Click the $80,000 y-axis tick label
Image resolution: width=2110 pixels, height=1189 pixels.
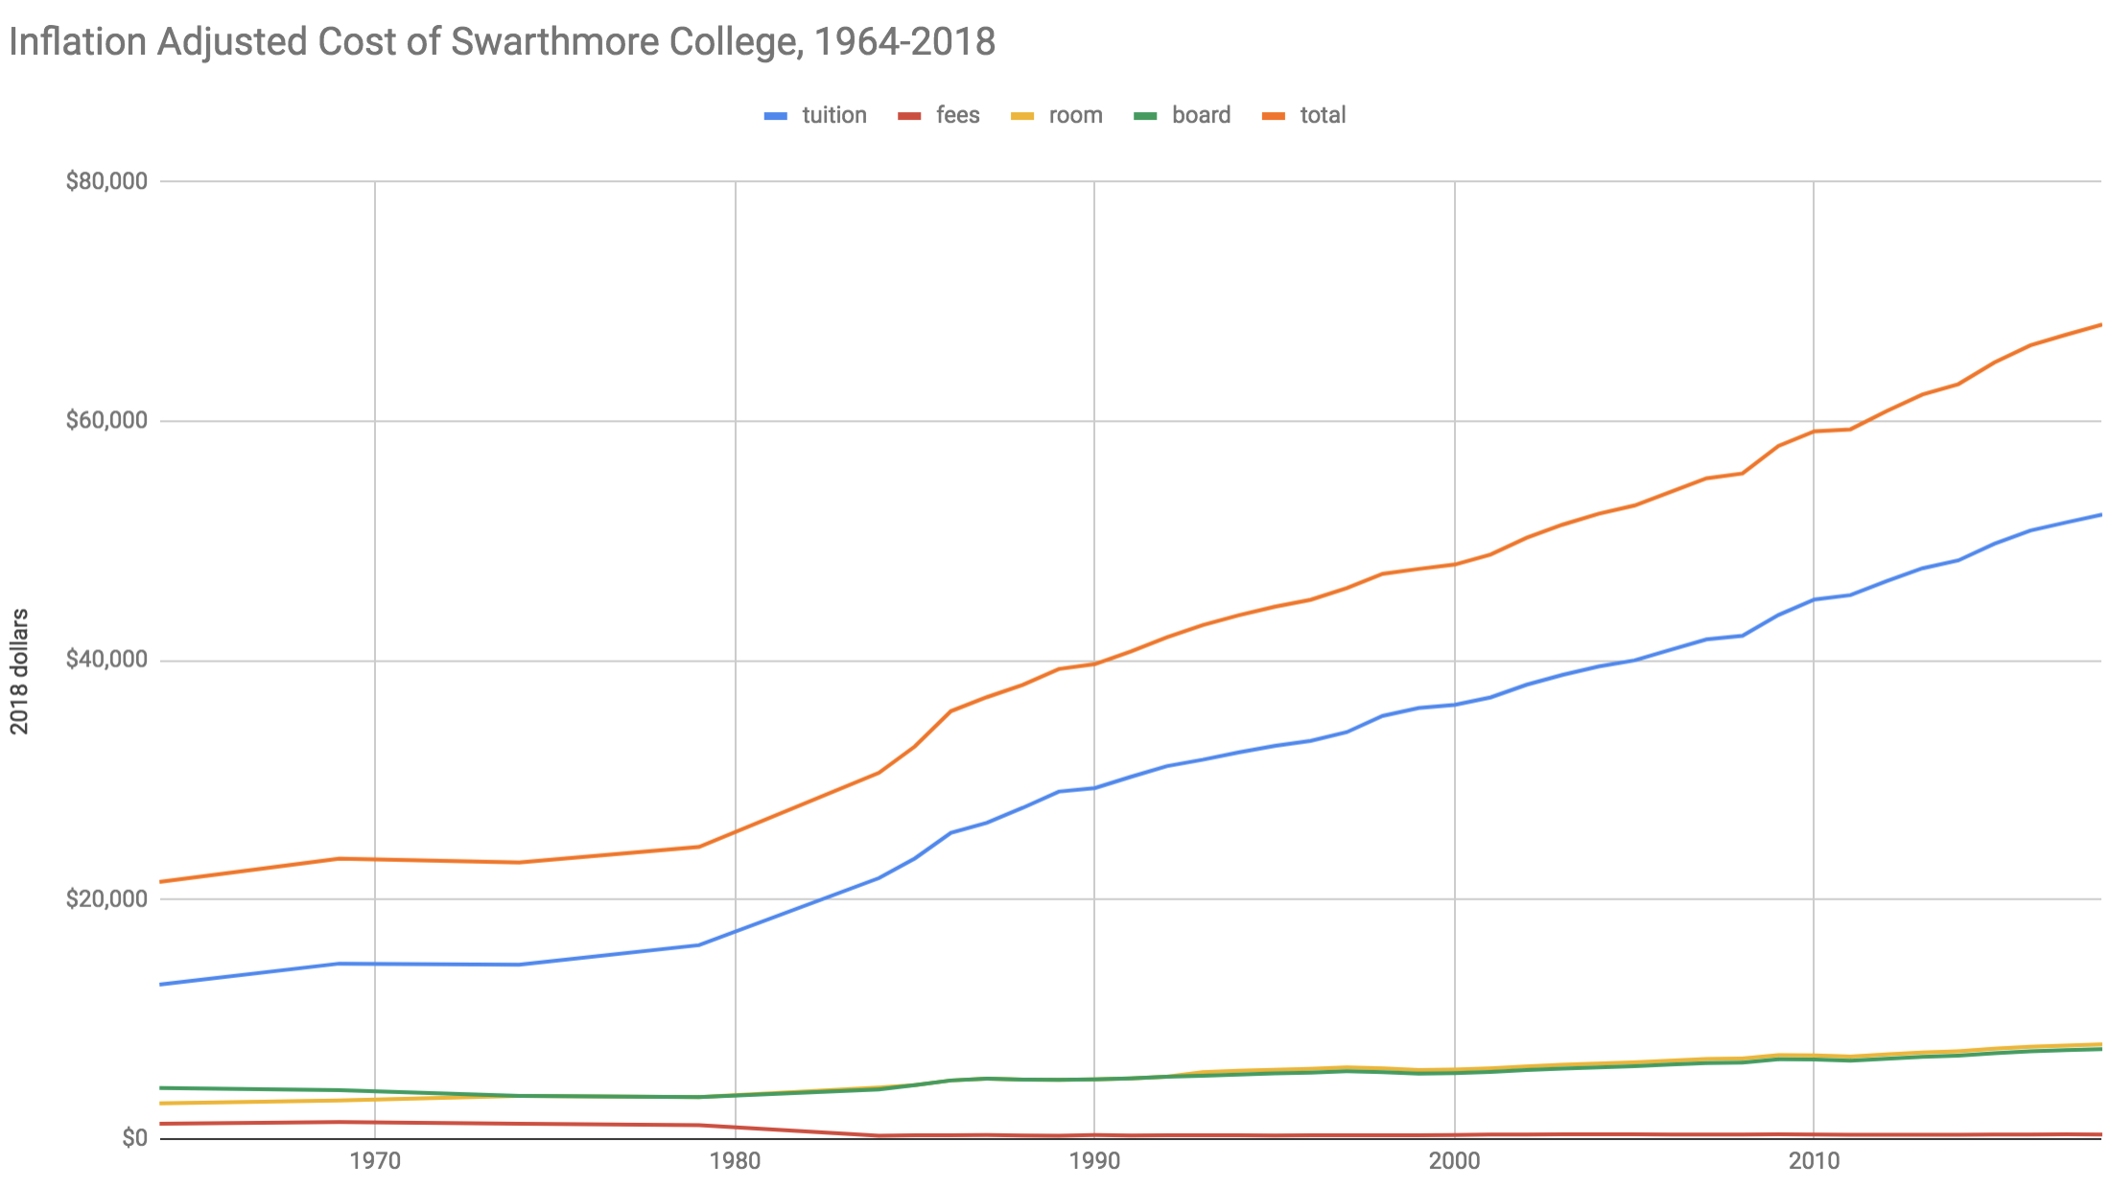coord(106,181)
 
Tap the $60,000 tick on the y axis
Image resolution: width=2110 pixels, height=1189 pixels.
coord(106,421)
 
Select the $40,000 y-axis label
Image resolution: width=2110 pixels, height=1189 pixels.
coord(106,660)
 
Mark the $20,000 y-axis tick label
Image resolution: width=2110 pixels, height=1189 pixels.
coord(106,899)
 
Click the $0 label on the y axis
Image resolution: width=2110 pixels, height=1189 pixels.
coord(134,1138)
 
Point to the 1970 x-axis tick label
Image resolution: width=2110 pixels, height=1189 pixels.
coord(375,1162)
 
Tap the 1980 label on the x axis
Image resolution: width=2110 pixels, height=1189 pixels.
coord(735,1162)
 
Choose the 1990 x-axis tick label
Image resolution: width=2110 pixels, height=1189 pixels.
coord(1094,1162)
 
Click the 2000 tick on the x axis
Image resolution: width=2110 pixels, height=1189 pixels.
coord(1455,1162)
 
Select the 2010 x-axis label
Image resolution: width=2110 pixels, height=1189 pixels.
coord(1814,1162)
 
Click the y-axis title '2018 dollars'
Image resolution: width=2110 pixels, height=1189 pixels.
coord(20,671)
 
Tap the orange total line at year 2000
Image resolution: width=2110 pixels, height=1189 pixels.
coord(1455,564)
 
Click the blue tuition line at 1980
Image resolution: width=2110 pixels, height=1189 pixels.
coord(735,932)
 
